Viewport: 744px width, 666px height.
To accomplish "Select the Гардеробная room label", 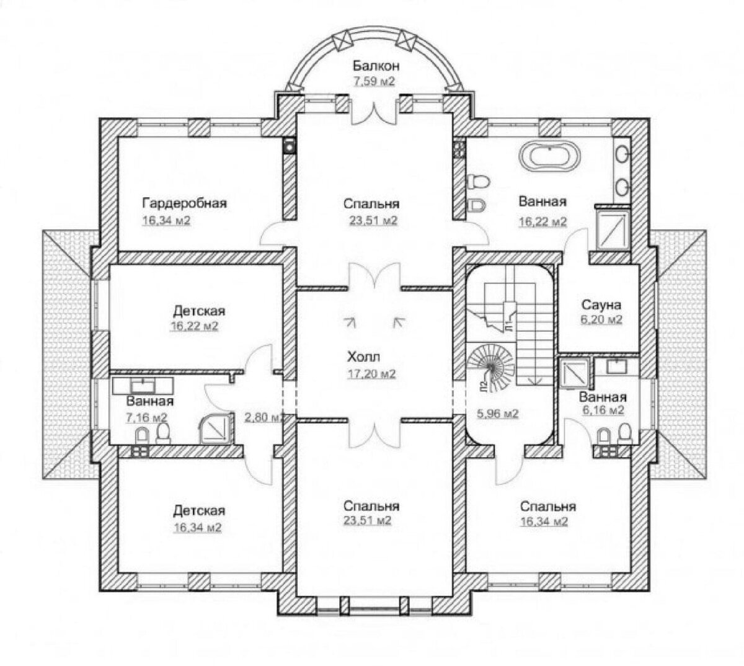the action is [x=185, y=203].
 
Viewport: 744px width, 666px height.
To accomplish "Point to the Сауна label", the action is [x=601, y=304].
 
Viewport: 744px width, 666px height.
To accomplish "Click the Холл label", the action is [x=363, y=357].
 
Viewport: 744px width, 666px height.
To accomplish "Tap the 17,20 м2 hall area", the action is [x=371, y=373].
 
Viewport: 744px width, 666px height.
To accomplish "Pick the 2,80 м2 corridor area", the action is [x=264, y=417].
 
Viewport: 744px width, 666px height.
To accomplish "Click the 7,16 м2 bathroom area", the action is [x=146, y=417].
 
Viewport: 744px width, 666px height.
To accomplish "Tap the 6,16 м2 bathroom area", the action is [x=603, y=410].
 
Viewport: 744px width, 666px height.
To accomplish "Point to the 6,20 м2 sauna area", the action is [x=601, y=319].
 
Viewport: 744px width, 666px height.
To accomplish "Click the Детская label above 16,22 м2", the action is [x=199, y=311].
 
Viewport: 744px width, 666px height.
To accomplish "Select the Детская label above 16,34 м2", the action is [x=199, y=510].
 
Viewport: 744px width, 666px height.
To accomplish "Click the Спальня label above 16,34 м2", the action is [x=547, y=507].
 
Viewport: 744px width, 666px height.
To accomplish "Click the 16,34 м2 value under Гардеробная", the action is [x=166, y=220].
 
